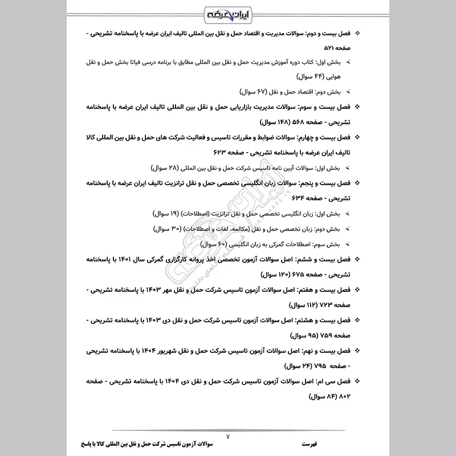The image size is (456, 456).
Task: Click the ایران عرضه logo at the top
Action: click(227, 12)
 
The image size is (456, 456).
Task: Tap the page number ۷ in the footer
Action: click(228, 436)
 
